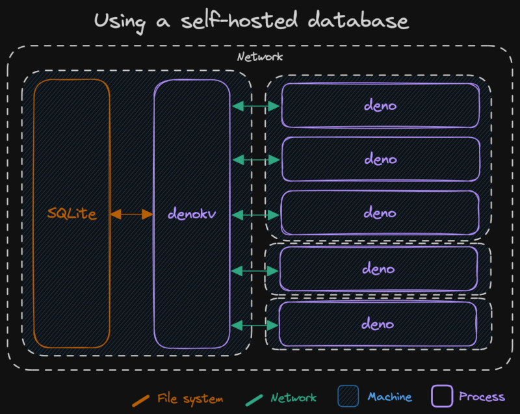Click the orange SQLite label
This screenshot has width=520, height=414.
click(x=71, y=213)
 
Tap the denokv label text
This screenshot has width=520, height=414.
click(x=191, y=213)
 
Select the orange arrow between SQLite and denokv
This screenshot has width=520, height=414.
click(x=131, y=213)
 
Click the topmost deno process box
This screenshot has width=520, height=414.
click(x=380, y=105)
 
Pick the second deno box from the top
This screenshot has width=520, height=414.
click(x=380, y=159)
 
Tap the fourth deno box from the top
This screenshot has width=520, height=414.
click(x=378, y=268)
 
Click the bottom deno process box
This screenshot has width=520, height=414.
click(x=378, y=324)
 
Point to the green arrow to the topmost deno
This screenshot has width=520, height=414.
click(x=255, y=105)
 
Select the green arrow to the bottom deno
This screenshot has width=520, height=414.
click(x=255, y=324)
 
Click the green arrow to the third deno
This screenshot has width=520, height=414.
click(x=255, y=214)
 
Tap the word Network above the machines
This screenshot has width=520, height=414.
click(x=260, y=57)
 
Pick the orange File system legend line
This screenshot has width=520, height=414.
click(x=140, y=398)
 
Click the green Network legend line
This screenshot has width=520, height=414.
click(x=255, y=398)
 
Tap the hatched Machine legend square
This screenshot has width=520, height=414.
click(x=348, y=397)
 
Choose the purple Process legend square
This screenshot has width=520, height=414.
click(x=442, y=396)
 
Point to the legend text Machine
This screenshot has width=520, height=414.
click(x=389, y=397)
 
